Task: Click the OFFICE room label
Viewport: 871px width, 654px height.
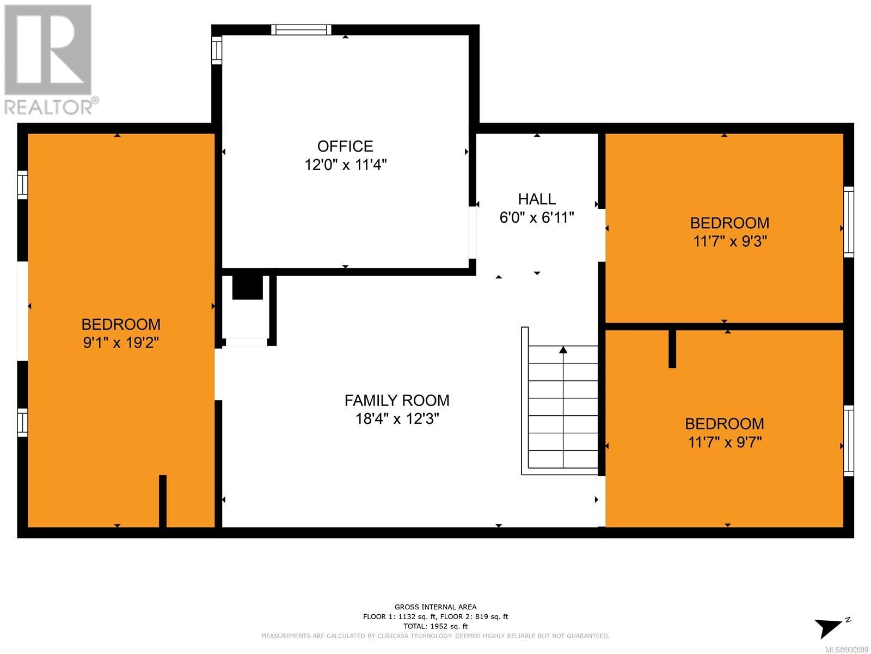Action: point(345,147)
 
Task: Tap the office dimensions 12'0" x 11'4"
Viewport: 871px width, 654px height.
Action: point(345,165)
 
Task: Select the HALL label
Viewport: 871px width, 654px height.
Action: point(537,199)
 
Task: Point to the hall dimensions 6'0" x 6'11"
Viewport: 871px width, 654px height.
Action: point(537,217)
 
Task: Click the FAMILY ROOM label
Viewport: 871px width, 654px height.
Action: point(397,401)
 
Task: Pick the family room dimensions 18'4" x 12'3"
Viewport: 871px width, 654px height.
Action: point(397,419)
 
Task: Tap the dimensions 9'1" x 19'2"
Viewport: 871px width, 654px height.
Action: point(121,342)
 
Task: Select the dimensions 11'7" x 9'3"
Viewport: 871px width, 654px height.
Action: point(730,241)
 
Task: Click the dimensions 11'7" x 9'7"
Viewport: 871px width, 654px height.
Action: point(725,443)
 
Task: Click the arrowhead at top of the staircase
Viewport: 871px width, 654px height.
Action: point(563,350)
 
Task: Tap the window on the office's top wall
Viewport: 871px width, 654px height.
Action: point(301,30)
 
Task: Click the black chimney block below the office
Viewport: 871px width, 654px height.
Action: point(248,288)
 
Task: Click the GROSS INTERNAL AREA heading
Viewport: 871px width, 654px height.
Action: point(436,607)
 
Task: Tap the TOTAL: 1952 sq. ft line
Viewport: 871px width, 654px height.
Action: point(436,626)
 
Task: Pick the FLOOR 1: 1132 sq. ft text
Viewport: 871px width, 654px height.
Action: point(400,617)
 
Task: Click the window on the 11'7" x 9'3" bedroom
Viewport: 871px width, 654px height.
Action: point(848,222)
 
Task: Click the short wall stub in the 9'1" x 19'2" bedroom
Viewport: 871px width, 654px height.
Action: point(163,501)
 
